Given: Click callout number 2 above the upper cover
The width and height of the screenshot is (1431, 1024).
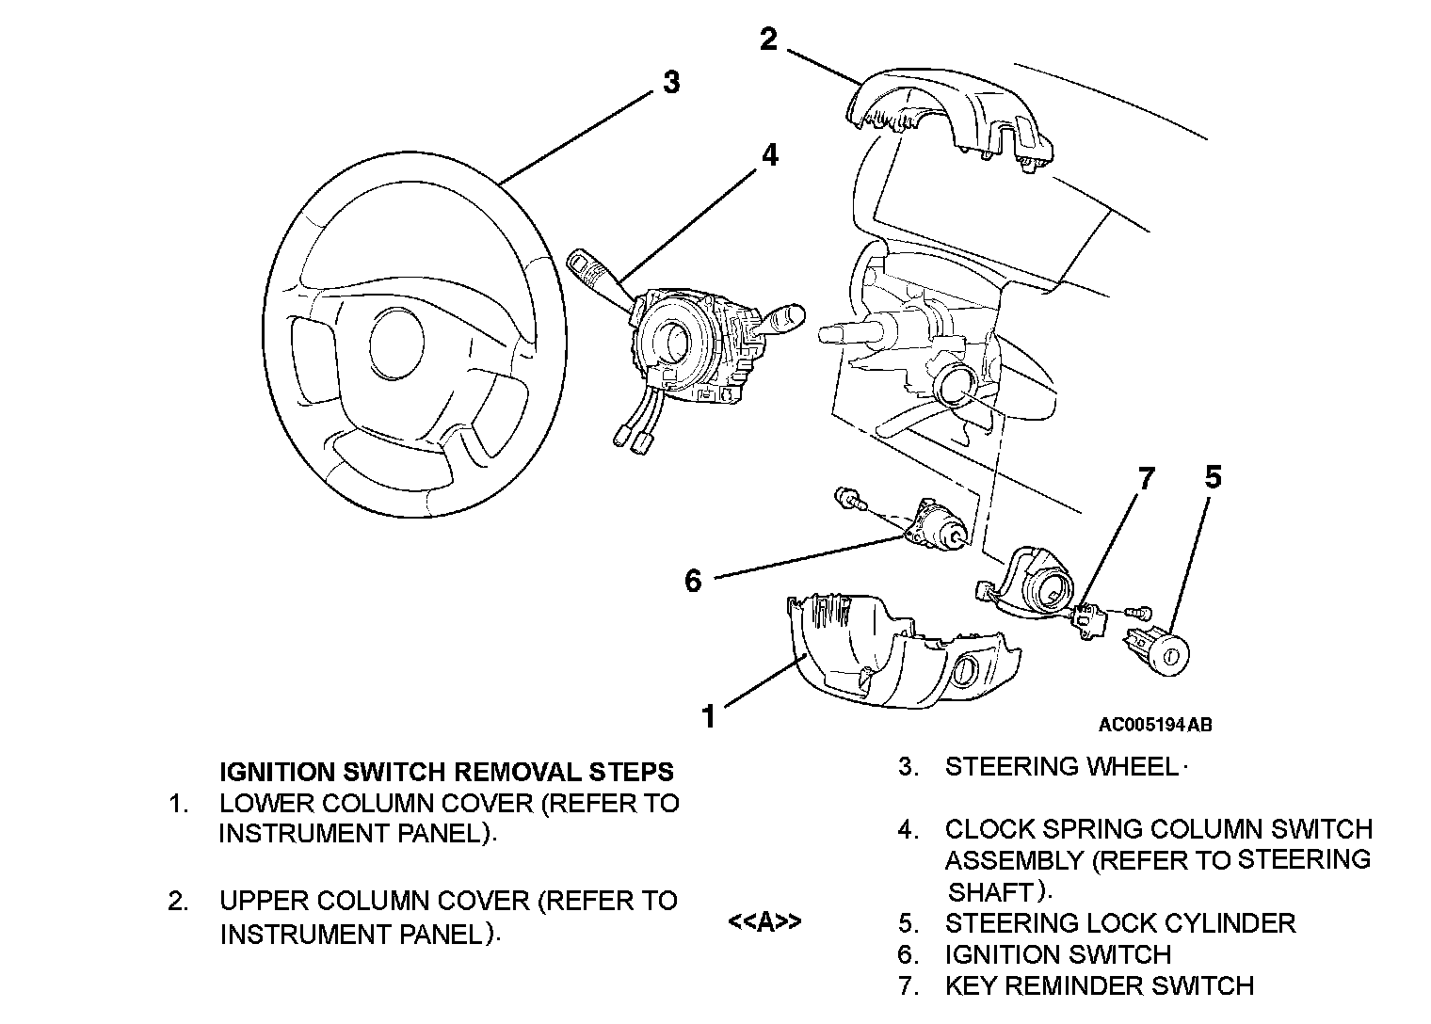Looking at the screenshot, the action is coord(768,39).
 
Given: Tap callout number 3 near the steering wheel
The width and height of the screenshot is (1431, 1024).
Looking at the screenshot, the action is coord(671,83).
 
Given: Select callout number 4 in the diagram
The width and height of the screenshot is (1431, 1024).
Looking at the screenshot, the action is coord(770,154).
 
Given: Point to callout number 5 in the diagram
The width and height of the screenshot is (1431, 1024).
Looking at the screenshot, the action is coord(1214,477).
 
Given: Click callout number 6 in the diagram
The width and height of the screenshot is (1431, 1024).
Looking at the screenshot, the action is coord(693,581).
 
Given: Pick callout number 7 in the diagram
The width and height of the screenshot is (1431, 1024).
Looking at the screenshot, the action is coord(1147,478).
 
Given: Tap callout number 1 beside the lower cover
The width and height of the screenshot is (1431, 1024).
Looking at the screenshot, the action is coord(709,716).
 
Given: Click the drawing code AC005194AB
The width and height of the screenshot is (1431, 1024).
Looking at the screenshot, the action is coord(1155,725).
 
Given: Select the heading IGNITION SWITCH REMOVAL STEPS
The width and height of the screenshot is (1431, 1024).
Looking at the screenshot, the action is coord(446,772).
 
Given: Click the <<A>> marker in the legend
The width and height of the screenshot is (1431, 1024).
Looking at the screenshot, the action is coord(764,921).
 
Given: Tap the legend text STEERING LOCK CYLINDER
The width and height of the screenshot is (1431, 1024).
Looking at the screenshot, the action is coord(1120,923).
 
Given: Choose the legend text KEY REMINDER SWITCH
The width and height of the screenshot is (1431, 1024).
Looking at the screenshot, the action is coord(1100,985).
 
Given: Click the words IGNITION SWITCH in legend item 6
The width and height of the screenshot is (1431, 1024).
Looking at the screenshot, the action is coord(1058,954).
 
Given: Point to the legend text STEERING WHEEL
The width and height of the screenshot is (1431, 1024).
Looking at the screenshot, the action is coord(1062,766).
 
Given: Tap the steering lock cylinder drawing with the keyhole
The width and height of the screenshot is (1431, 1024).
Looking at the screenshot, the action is coord(1157,651).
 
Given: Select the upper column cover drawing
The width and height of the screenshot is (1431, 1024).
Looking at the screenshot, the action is coord(950,119).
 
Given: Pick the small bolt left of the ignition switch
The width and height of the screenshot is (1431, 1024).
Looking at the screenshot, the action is coord(849,498).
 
